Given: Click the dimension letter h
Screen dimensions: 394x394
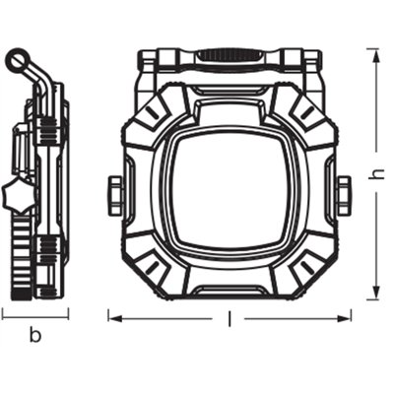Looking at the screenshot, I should click(x=375, y=172).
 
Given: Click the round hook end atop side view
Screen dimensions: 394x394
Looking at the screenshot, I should click(x=17, y=62).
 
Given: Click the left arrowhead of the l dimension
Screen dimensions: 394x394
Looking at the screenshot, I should click(x=112, y=317).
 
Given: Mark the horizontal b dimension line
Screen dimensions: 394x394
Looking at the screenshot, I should click(x=34, y=316).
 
